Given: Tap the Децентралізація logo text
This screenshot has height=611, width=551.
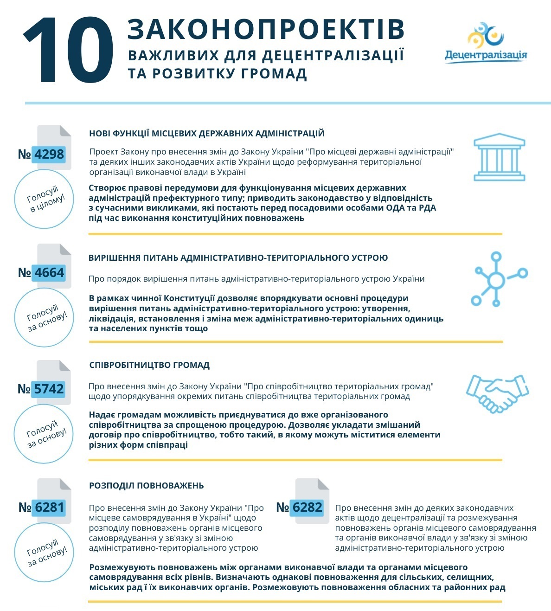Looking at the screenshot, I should click(486, 55).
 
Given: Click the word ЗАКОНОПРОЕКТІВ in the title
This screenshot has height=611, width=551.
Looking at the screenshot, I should click(266, 29).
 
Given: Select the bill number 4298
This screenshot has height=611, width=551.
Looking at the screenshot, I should click(49, 154).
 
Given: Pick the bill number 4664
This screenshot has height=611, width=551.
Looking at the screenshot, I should click(49, 272).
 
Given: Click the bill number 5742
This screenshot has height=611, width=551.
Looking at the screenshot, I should click(49, 389).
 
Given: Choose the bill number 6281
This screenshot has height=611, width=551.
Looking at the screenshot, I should click(49, 507).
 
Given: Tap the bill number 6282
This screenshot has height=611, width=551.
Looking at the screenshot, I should click(307, 507).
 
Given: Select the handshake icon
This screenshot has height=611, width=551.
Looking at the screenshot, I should click(497, 393).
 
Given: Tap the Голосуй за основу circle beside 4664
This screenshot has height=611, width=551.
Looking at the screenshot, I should click(45, 317).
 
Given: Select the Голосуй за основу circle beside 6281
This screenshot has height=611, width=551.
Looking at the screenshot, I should click(45, 553).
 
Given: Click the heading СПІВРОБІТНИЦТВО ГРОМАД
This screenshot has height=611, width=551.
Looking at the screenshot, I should click(149, 365).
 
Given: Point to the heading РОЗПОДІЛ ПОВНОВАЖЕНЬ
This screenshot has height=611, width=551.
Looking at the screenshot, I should click(146, 486).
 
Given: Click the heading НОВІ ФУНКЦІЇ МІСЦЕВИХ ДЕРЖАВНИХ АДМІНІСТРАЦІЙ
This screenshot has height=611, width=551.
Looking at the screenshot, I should click(206, 134).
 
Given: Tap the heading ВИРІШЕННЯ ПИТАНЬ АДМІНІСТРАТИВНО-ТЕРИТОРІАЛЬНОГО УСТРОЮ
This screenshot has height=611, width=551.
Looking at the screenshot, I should click(238, 258).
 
